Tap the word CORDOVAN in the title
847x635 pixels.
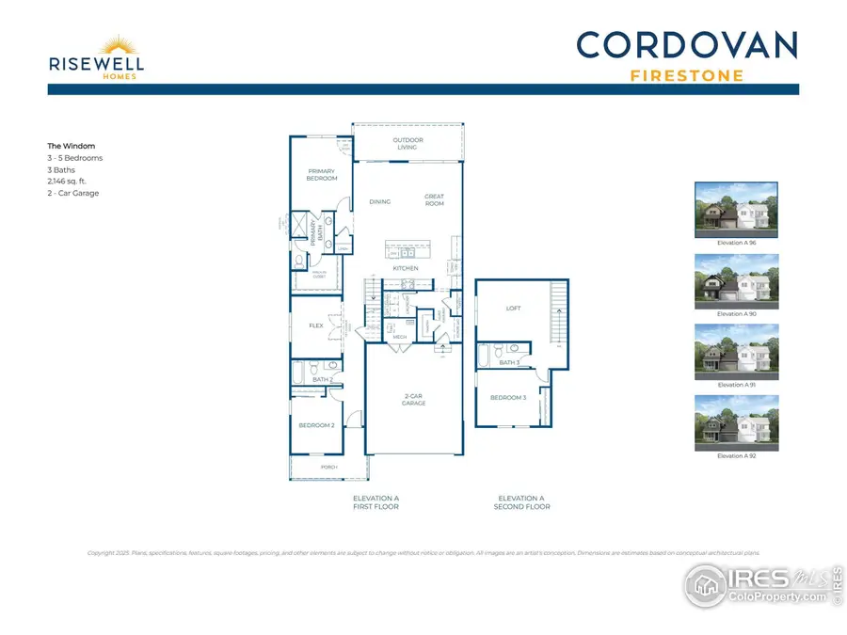point(686,45)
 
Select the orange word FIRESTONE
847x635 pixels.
point(686,75)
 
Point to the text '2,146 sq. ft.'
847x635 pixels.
point(67,182)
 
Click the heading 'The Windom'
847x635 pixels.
point(71,146)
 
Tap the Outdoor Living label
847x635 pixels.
point(408,144)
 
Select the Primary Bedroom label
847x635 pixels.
point(322,175)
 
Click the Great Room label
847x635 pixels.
point(434,200)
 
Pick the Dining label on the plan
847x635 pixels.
point(379,201)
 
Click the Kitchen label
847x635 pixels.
point(406,269)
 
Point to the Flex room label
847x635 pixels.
point(316,325)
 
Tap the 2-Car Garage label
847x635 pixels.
point(413,401)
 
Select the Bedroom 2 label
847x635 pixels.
point(317,425)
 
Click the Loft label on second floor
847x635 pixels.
point(513,309)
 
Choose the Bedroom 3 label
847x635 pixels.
point(508,397)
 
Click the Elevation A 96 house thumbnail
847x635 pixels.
point(736,210)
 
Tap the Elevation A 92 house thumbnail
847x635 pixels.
point(736,422)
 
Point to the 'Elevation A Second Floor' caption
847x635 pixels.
point(520,502)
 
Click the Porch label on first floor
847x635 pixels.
point(329,467)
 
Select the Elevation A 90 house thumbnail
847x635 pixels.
point(736,280)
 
